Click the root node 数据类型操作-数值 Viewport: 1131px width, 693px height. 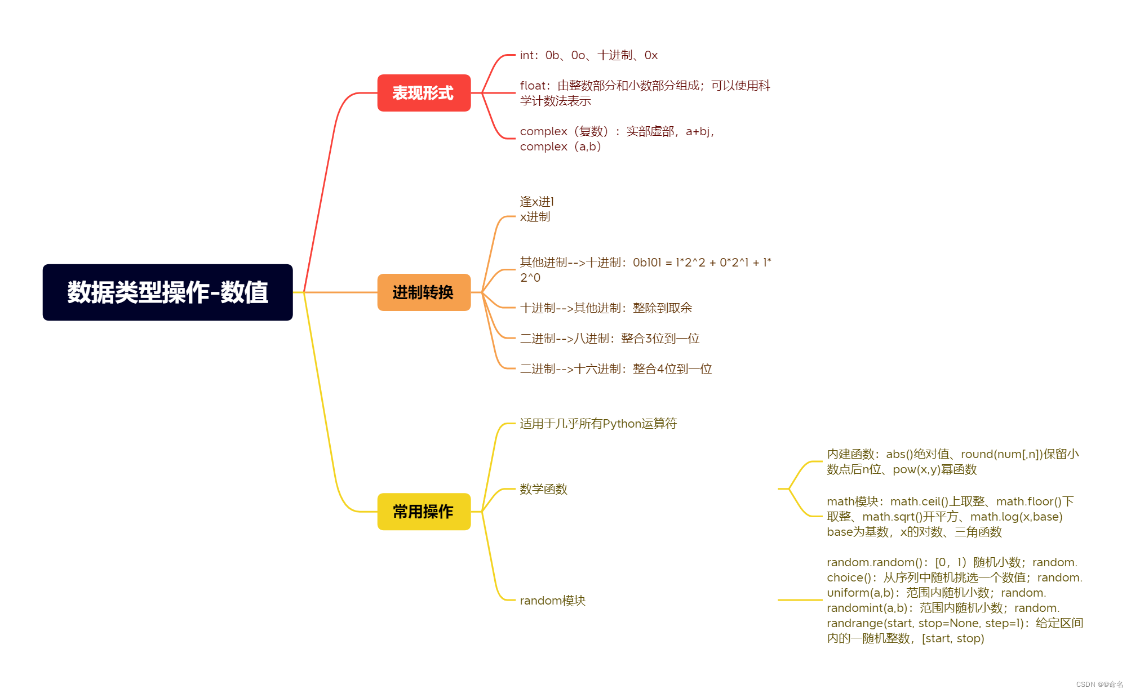[167, 292]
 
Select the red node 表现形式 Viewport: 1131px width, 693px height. [424, 93]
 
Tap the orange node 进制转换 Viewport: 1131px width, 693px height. [424, 292]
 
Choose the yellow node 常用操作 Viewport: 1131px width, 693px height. [424, 512]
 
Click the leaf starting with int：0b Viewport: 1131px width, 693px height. [588, 55]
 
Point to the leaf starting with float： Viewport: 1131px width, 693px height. [645, 93]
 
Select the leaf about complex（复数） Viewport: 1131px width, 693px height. [616, 139]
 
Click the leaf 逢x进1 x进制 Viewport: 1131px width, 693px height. [536, 209]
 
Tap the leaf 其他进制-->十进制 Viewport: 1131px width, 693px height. [645, 270]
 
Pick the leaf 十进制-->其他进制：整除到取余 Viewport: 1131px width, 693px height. [606, 308]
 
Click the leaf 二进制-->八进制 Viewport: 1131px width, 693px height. [610, 339]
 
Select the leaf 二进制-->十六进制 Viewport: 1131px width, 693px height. [616, 369]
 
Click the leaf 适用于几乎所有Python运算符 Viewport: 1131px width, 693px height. [598, 424]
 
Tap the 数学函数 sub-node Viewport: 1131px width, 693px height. [543, 489]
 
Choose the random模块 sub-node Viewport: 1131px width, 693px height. [552, 601]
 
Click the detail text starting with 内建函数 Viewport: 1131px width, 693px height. [952, 461]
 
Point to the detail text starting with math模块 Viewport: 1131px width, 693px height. [950, 517]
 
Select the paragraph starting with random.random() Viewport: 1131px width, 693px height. [955, 600]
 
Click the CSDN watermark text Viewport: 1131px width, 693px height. [1099, 685]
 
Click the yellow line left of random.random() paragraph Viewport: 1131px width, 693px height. [800, 600]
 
